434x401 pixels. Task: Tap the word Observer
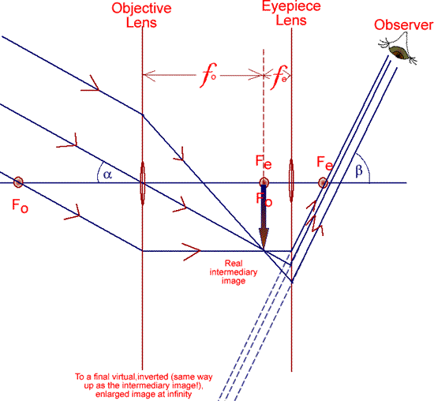(403, 25)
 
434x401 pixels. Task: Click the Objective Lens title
(141, 15)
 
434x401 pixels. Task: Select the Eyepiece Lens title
(291, 13)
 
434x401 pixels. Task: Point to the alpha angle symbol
(107, 174)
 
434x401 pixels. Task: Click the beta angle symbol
(359, 171)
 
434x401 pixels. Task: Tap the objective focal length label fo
(209, 75)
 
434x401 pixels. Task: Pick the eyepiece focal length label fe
(279, 77)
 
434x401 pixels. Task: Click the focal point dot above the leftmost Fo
(18, 182)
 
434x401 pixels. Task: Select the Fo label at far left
(20, 206)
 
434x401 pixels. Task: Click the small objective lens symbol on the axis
(143, 183)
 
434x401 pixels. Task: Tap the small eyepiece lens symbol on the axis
(291, 181)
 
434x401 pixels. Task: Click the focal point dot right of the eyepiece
(323, 183)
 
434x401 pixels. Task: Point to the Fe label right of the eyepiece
(325, 163)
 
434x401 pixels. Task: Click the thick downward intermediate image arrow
(264, 216)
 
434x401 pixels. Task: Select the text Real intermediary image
(234, 272)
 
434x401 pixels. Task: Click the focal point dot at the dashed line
(264, 182)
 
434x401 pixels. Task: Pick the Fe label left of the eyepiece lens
(264, 162)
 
